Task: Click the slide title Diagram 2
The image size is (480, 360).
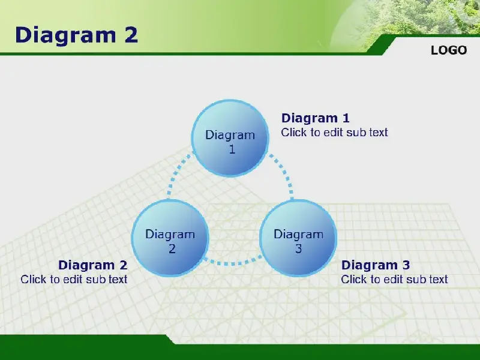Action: click(77, 35)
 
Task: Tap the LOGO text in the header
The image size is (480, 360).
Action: click(449, 50)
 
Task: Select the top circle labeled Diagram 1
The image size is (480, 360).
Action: click(230, 138)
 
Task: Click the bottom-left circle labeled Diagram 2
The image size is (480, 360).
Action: click(170, 238)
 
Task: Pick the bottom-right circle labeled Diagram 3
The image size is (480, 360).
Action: click(298, 238)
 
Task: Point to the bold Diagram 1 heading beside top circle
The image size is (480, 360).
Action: click(316, 118)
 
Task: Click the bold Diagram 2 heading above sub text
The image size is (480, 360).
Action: click(93, 265)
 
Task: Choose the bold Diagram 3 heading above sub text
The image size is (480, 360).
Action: click(376, 265)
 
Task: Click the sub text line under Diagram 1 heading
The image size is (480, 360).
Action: click(334, 133)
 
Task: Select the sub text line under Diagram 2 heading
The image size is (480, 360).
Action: click(74, 280)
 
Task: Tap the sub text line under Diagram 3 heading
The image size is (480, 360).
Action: click(394, 280)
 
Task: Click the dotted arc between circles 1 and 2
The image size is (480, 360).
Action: click(175, 173)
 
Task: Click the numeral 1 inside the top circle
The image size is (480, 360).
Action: click(232, 149)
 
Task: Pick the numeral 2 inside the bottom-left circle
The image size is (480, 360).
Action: click(172, 249)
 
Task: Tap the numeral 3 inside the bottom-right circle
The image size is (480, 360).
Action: click(298, 249)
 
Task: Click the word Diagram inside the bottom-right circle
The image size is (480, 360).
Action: click(298, 235)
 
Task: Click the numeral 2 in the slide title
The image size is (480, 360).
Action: click(131, 35)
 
